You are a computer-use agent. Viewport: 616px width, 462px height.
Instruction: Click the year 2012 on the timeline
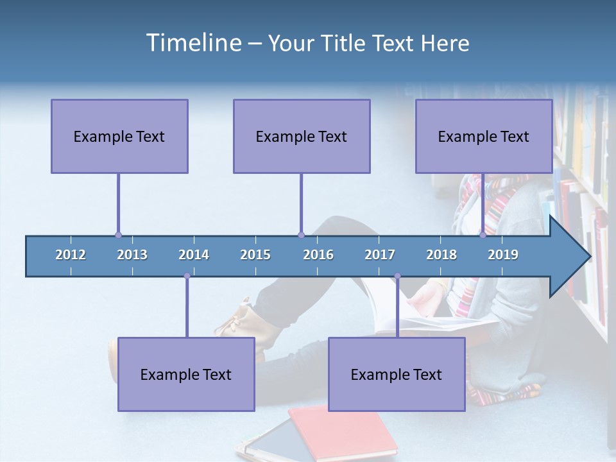tap(71, 255)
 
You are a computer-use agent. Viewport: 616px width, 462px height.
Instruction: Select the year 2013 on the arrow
tap(132, 255)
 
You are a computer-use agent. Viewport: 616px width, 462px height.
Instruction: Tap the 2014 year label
tap(194, 255)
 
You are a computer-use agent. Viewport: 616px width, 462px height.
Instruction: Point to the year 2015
tap(255, 255)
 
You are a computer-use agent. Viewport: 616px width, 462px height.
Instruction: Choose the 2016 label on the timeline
tap(318, 255)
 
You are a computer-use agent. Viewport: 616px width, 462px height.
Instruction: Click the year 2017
tap(380, 255)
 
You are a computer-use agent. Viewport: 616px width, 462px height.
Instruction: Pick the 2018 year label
tap(441, 255)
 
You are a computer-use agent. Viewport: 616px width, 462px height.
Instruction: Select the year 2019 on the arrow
tap(503, 255)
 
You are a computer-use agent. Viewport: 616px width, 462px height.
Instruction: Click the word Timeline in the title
tap(193, 43)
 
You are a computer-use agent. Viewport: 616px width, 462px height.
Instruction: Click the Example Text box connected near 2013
tap(119, 136)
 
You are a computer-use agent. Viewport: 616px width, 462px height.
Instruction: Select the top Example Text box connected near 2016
tap(302, 136)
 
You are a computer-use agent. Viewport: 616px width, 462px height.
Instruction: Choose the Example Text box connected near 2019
tap(484, 136)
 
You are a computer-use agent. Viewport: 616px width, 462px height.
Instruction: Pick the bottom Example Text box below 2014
tap(186, 374)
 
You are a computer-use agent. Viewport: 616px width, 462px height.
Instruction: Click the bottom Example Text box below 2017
tap(397, 374)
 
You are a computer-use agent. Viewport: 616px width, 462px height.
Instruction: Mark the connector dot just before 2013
tap(118, 235)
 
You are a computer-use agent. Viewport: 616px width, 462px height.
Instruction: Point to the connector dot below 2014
tap(187, 276)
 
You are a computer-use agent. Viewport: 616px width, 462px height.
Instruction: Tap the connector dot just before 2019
tap(483, 235)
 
